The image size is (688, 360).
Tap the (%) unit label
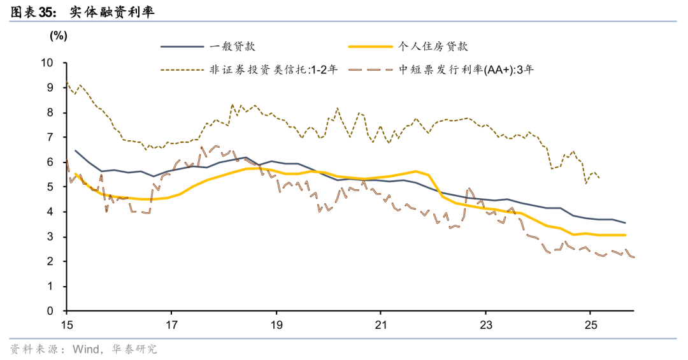coord(58,36)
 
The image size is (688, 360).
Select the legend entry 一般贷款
coord(233,47)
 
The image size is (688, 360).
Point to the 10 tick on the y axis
coord(48,62)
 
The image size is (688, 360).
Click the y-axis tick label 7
coord(52,138)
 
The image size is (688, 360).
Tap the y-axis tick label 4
coord(52,212)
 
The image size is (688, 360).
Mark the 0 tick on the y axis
coord(52,312)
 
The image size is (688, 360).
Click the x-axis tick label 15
coord(66,324)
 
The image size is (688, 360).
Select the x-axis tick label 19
coord(276,324)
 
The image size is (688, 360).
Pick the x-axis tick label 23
coord(485,324)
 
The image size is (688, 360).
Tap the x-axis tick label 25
coord(590,324)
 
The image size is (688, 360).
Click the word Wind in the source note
coord(85,349)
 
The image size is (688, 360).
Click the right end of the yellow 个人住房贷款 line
coord(626,235)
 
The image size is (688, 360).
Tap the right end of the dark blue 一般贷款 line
coord(626,223)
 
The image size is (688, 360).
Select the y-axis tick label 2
coord(52,262)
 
